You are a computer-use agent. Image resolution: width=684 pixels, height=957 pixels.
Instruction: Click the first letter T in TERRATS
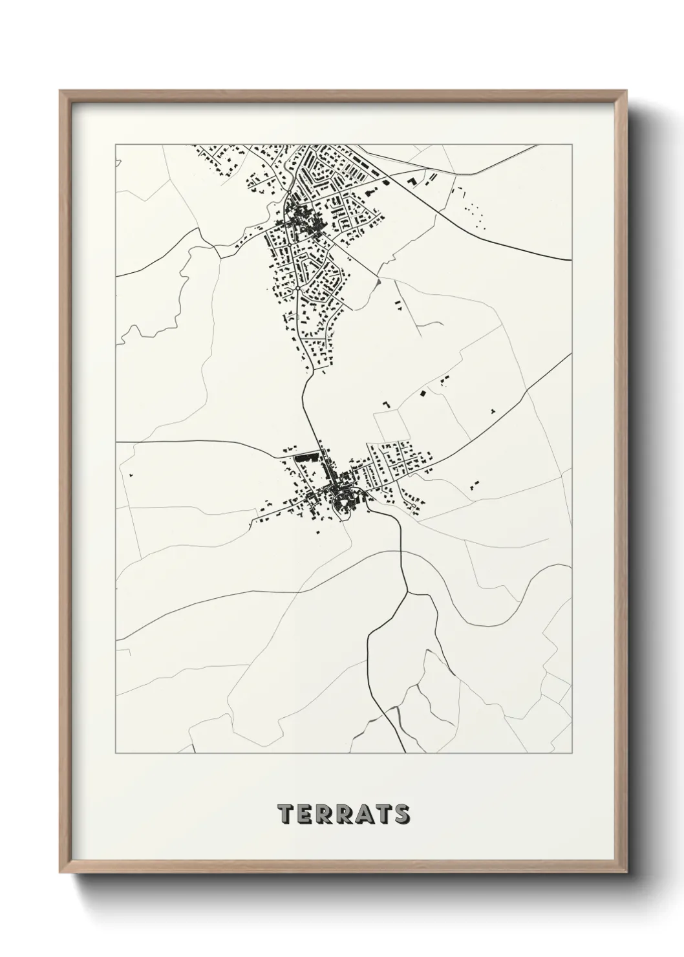pos(286,815)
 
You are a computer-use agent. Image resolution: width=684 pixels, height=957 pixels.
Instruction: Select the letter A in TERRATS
pos(363,815)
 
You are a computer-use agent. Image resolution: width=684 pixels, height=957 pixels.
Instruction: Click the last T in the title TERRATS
pos(383,815)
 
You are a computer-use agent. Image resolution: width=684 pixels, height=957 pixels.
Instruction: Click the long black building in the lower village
pos(306,457)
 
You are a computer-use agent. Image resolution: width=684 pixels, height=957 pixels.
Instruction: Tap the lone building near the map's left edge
pos(131,475)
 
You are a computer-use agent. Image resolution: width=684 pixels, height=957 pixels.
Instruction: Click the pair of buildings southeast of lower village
pos(476,483)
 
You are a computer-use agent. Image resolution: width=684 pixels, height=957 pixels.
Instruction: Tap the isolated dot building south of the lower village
pos(318,532)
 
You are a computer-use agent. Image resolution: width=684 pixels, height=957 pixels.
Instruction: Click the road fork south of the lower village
pos(406,590)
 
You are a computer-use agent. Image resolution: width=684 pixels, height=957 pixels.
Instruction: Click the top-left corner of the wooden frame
pos(61,91)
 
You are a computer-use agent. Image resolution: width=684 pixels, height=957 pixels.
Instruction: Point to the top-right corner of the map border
pos(572,144)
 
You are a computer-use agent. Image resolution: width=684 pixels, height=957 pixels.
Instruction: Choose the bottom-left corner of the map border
pos(116,753)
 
